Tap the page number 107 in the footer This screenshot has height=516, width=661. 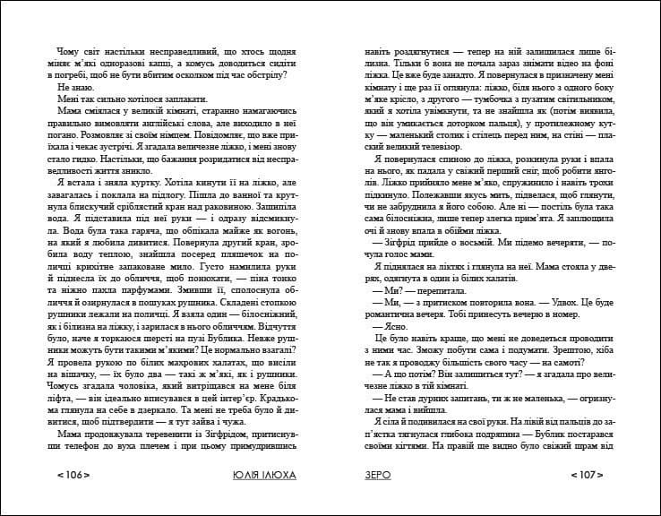tap(588, 476)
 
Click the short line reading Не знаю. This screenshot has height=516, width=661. tap(73, 88)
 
